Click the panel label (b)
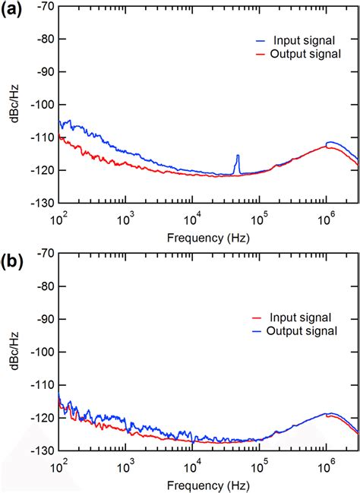coord(13,261)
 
